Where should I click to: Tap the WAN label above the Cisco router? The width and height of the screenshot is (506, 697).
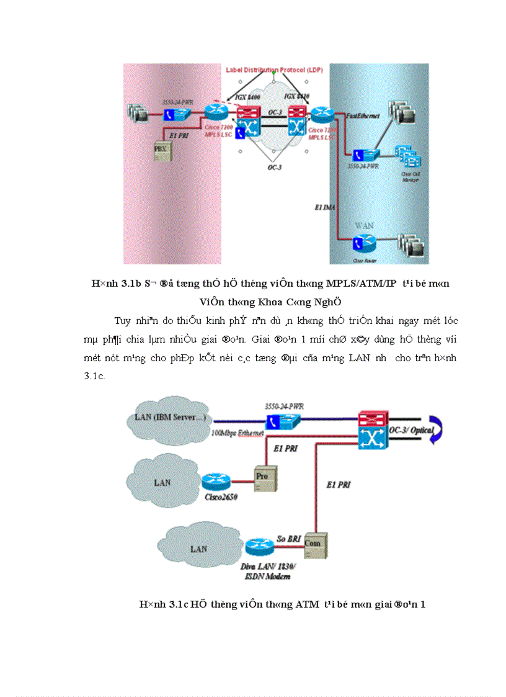point(364,225)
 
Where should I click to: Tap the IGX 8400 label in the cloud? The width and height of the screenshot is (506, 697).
point(249,97)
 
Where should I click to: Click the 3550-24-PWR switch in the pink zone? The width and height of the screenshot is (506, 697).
point(177,114)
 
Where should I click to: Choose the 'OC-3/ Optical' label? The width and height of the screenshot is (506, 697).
point(413,429)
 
